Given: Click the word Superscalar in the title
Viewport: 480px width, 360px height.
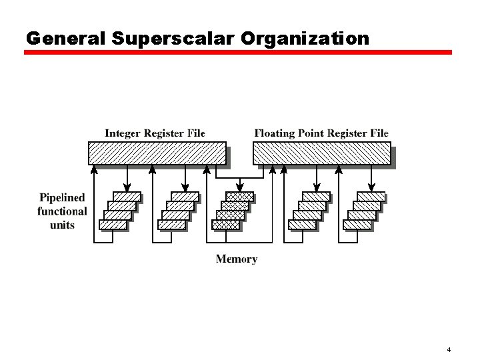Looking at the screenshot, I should pos(173,39).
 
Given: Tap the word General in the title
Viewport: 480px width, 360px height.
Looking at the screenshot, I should pos(65,39).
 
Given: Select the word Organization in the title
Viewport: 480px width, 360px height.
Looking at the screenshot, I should pos(305,39).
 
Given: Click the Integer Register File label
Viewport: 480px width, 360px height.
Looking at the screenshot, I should pos(155,133).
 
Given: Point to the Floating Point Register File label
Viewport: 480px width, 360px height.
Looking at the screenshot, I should pos(321,133).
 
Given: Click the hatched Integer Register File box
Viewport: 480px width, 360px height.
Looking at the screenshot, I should pos(157,153).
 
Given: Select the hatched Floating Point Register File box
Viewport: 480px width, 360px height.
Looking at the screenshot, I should pos(321,153).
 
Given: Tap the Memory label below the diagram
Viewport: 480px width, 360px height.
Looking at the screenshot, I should pos(236,259).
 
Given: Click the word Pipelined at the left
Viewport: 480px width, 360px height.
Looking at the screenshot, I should pos(62,197).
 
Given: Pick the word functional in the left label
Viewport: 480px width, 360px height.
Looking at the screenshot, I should pos(62,211).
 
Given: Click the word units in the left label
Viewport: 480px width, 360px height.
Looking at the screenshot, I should pos(62,225).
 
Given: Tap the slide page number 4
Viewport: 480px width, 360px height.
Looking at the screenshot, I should pos(449,350).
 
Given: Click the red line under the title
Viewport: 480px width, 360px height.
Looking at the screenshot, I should pos(238,53).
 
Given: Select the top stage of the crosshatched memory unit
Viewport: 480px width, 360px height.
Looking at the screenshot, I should pos(239,197).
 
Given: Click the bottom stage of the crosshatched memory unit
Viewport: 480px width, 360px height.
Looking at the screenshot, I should pos(225,225).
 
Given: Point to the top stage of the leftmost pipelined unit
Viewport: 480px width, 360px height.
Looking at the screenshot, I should pos(127,197).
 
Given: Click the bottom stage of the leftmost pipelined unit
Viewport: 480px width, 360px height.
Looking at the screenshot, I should pos(113,225).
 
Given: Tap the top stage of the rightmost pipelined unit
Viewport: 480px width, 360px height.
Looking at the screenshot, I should pos(371,197).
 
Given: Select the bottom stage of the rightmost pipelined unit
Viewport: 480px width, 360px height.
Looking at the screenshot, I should pos(357,225).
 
